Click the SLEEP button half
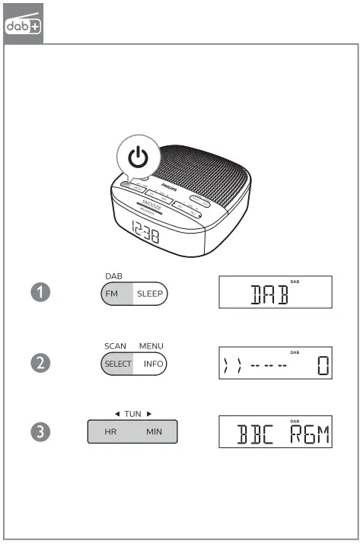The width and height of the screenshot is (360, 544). (150, 293)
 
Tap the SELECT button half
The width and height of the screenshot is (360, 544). (117, 364)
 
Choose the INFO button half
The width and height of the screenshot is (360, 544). (153, 364)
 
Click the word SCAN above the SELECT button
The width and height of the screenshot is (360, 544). (116, 346)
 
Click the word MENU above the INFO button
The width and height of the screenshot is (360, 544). (151, 346)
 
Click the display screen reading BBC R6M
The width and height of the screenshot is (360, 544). (276, 432)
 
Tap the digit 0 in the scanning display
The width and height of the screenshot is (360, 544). (323, 367)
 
